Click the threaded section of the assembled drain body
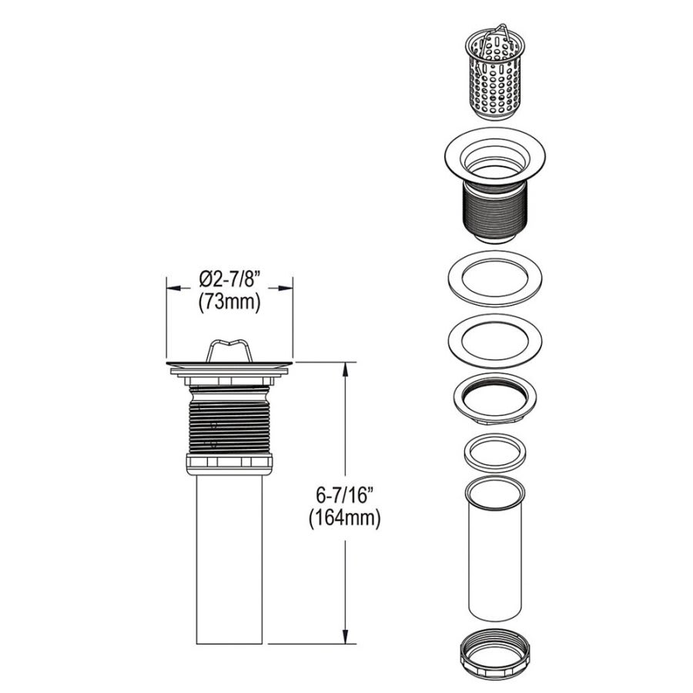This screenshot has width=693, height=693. [x=229, y=423]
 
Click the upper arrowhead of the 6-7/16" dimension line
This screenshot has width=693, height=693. [x=343, y=369]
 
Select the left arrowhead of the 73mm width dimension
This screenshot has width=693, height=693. [x=174, y=289]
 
